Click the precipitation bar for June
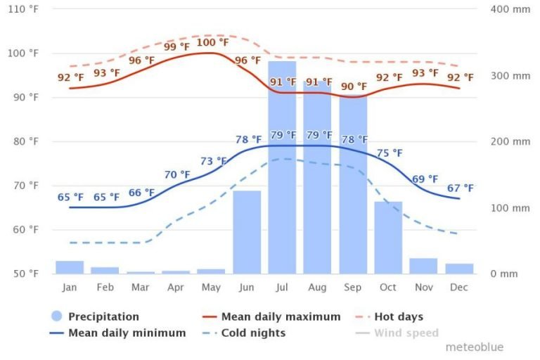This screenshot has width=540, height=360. point(247,232)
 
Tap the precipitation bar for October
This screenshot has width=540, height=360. point(388,237)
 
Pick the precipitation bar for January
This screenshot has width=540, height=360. point(70,267)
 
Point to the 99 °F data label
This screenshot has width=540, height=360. point(176,47)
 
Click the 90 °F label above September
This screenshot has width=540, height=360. point(354,86)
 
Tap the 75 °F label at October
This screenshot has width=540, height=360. point(389,153)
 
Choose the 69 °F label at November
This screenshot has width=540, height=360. point(424,179)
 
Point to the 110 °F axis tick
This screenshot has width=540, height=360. point(23,9)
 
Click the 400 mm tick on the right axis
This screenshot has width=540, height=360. point(510,9)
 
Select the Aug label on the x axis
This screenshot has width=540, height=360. point(317,287)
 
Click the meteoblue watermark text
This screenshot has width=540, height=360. point(474,347)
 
